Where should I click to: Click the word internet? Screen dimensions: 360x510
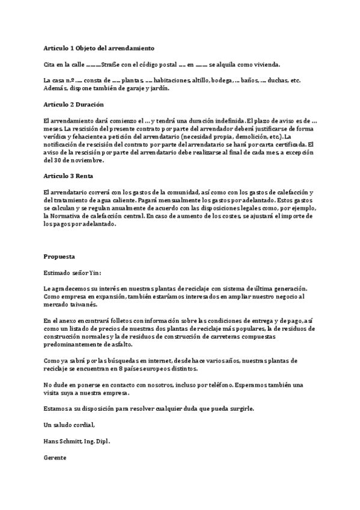(x=128, y=360)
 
